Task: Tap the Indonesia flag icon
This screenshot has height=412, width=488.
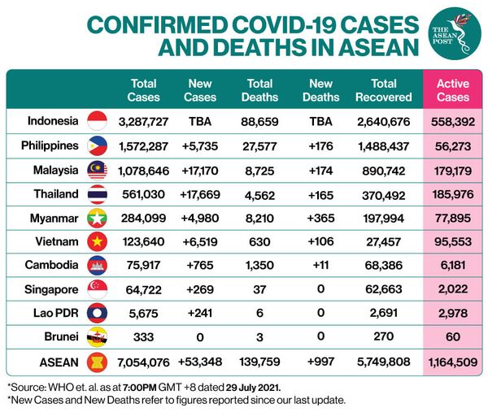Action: (x=97, y=122)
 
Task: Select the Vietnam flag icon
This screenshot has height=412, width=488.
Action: (x=97, y=241)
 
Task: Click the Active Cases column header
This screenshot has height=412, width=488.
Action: (x=453, y=89)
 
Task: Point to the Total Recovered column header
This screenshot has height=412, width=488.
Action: (x=384, y=89)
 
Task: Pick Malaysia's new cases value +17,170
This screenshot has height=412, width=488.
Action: (x=200, y=169)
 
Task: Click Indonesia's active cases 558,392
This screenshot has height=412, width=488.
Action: (x=453, y=122)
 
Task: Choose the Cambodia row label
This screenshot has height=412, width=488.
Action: (x=52, y=264)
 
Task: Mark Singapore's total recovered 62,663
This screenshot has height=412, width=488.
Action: (x=384, y=288)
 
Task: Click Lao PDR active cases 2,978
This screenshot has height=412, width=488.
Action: (x=453, y=312)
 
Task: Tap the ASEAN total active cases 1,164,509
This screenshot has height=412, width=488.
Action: (x=453, y=360)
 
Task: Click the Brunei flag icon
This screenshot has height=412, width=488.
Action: (x=97, y=336)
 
